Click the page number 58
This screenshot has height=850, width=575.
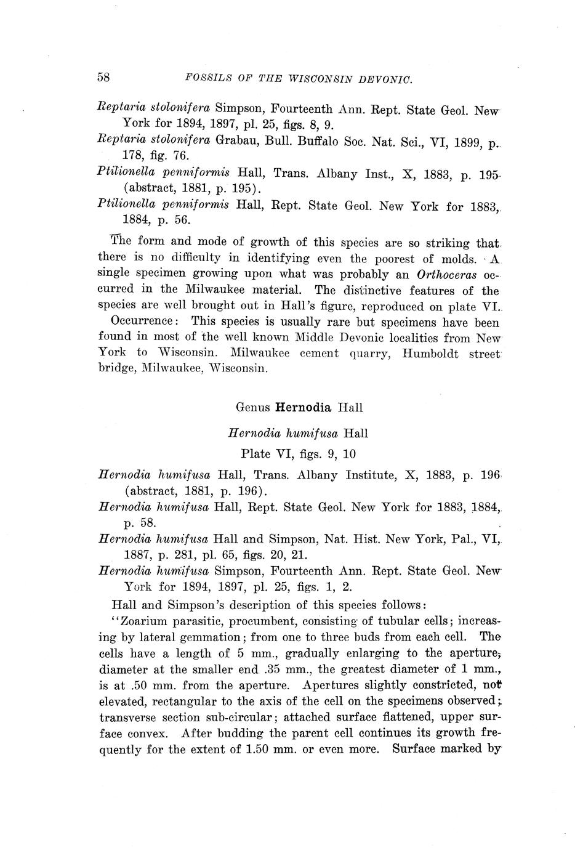click(x=103, y=78)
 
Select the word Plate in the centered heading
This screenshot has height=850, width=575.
click(x=255, y=454)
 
